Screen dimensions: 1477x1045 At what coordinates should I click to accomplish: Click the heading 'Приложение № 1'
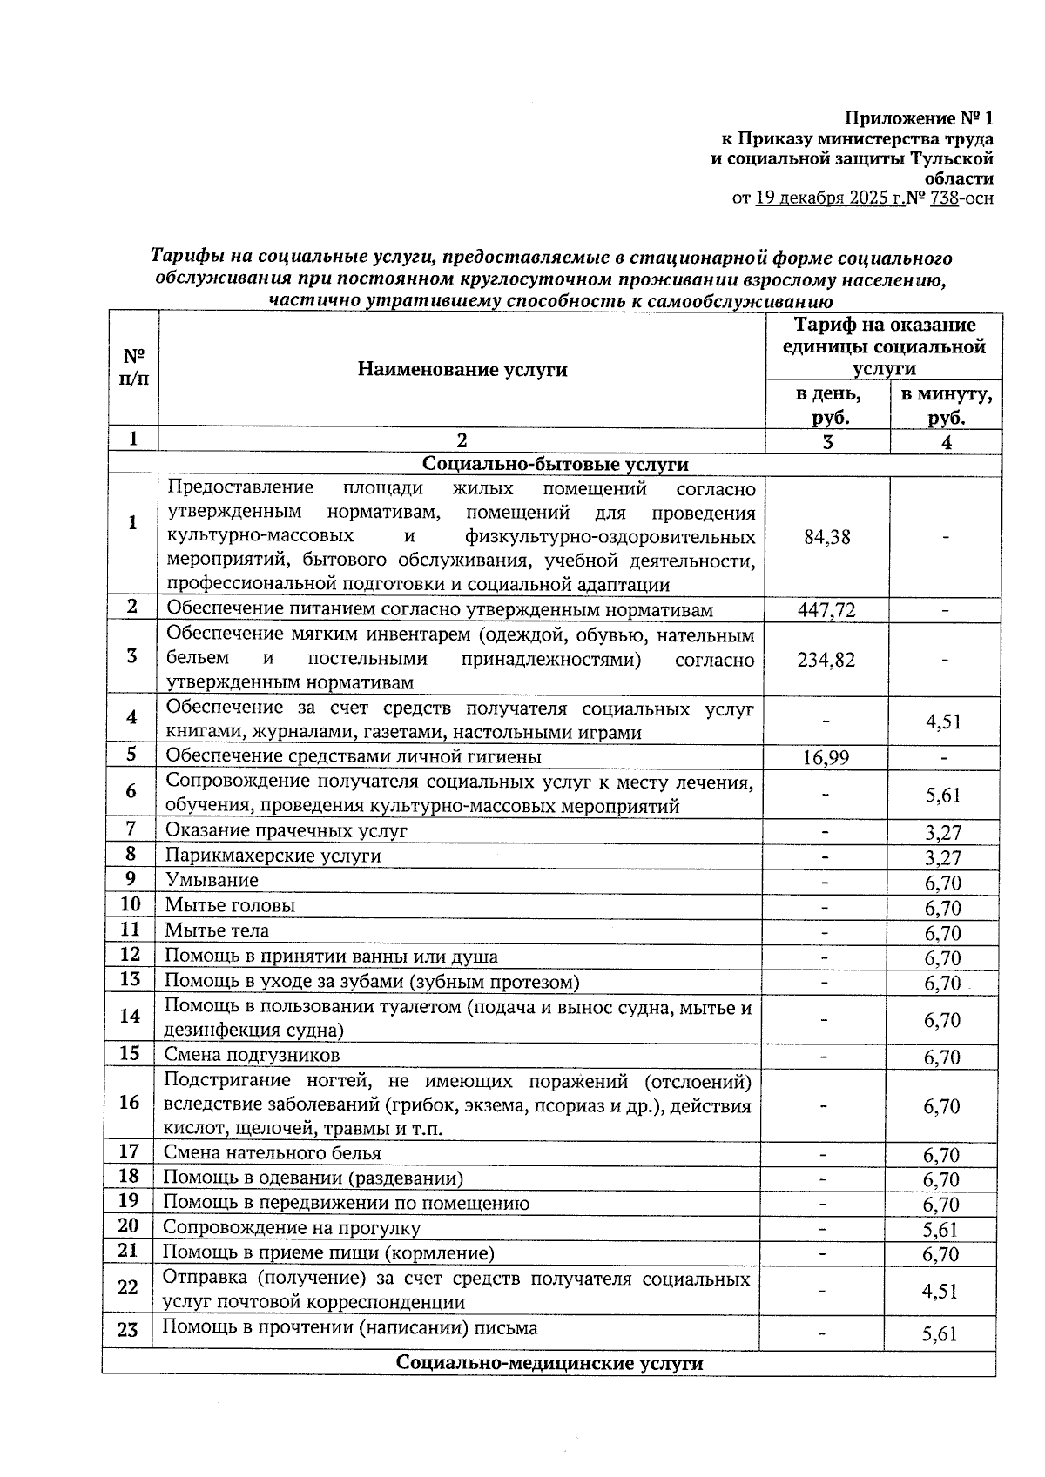pyautogui.click(x=920, y=117)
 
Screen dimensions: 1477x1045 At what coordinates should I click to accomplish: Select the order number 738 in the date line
pyautogui.click(x=944, y=198)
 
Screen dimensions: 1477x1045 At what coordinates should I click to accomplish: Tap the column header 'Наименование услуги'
pyautogui.click(x=462, y=370)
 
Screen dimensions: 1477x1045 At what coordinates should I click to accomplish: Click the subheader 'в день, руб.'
pyautogui.click(x=828, y=406)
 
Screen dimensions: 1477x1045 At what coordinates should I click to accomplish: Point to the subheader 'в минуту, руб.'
pyautogui.click(x=946, y=406)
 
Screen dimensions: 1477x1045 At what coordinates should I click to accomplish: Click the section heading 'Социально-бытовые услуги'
pyautogui.click(x=555, y=465)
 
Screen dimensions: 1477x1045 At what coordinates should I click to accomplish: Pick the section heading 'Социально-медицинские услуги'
pyautogui.click(x=549, y=1362)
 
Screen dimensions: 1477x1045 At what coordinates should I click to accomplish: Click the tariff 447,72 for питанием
pyautogui.click(x=826, y=610)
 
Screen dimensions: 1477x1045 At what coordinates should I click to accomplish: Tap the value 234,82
pyautogui.click(x=826, y=660)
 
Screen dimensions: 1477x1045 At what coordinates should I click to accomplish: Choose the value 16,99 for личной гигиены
pyautogui.click(x=826, y=758)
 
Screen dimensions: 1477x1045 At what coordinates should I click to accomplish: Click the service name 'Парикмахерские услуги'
pyautogui.click(x=273, y=856)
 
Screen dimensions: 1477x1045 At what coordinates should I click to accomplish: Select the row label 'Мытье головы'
pyautogui.click(x=230, y=905)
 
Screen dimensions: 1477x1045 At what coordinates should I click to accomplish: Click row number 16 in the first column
pyautogui.click(x=129, y=1103)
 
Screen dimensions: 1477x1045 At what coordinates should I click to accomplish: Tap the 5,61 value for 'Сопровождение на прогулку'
pyautogui.click(x=940, y=1229)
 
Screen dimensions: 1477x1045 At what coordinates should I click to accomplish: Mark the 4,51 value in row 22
pyautogui.click(x=940, y=1291)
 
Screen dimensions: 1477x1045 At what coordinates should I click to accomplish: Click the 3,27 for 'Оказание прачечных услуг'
pyautogui.click(x=942, y=833)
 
